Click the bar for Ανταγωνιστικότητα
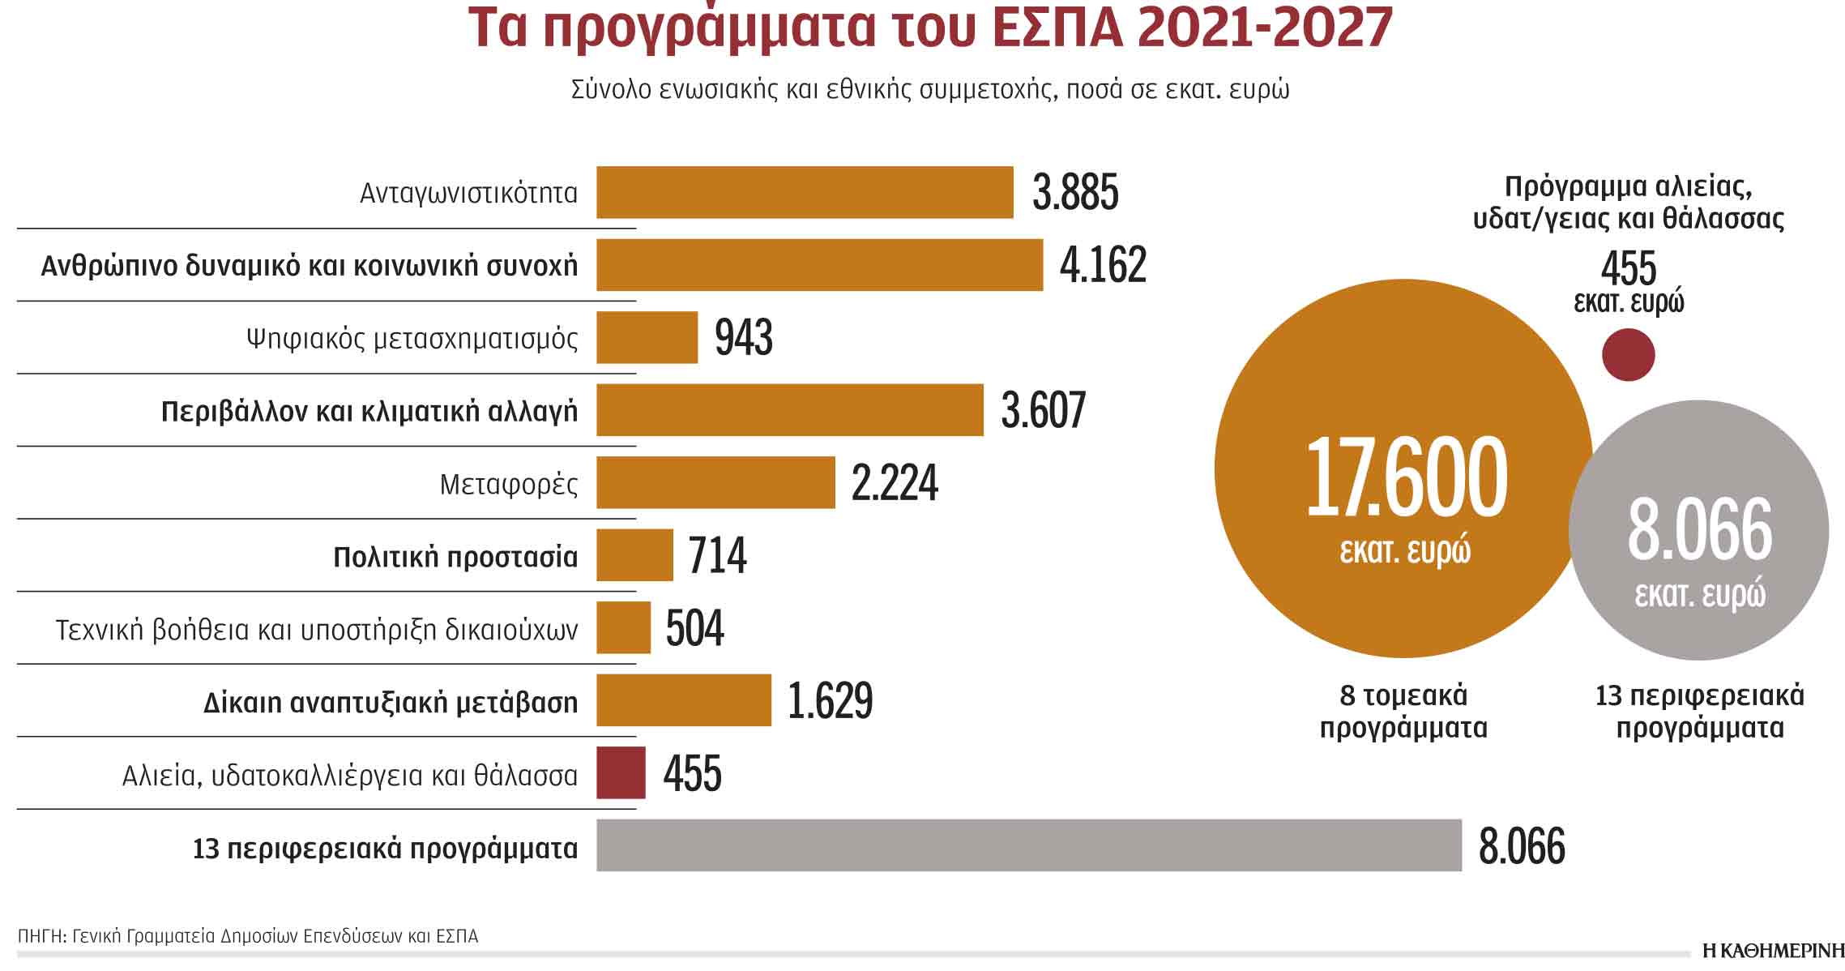[x=804, y=192]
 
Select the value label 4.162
[x=1103, y=265]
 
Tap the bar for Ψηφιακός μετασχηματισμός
[x=647, y=337]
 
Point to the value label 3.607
[x=1043, y=410]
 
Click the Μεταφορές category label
[x=509, y=485]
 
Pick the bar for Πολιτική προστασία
[x=634, y=555]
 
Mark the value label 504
[x=694, y=628]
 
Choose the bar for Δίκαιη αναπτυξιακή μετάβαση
[x=683, y=700]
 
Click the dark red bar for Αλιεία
[x=621, y=772]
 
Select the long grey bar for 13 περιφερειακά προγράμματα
[x=1028, y=845]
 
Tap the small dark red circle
[x=1628, y=355]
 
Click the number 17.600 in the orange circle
[x=1406, y=478]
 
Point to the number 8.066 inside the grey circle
[x=1699, y=531]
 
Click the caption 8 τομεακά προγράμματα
[x=1403, y=712]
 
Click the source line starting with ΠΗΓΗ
[x=247, y=937]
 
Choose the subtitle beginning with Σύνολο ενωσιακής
[x=929, y=90]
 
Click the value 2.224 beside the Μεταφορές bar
[x=895, y=483]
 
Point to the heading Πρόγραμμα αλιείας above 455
[x=1628, y=203]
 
